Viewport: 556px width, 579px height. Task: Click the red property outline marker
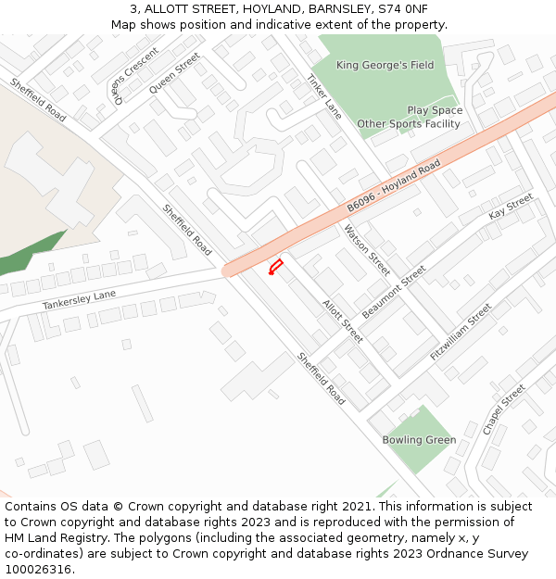pos(275,268)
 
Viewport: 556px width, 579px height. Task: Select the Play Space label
pos(435,110)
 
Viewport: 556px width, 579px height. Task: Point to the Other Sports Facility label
pos(409,123)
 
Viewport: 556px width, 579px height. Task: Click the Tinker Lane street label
pos(324,96)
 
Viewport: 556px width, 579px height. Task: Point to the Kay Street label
pos(511,208)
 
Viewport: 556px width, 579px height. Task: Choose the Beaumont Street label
pos(394,292)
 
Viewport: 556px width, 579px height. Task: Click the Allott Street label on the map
pos(342,321)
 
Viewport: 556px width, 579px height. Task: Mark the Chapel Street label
pos(503,409)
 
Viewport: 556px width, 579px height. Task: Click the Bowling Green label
pos(419,440)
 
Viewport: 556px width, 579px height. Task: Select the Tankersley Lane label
pos(79,300)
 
